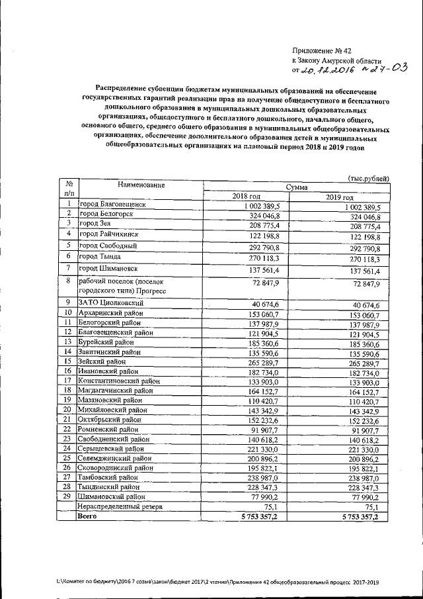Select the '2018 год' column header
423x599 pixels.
click(247, 197)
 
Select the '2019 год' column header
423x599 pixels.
click(340, 197)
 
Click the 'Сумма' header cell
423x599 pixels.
click(295, 187)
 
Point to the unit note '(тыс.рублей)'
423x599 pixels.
click(368, 178)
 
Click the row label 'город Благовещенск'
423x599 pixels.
click(116, 206)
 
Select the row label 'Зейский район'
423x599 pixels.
click(102, 361)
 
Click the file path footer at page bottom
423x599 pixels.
click(217, 580)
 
